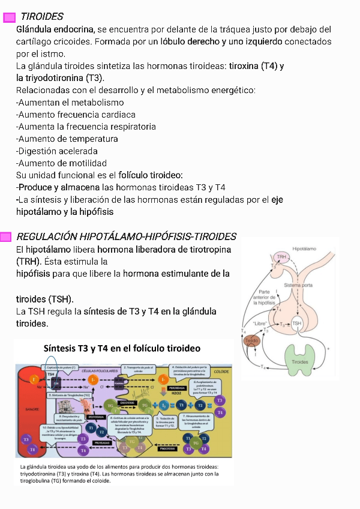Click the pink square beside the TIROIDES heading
point(9,17)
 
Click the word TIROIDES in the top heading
point(42,17)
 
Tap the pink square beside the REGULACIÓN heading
point(5,236)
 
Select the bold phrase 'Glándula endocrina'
point(55,29)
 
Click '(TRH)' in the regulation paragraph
point(28,262)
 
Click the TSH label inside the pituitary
point(297,323)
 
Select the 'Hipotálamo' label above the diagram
point(305,247)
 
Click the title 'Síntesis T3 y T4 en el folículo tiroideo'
point(122,349)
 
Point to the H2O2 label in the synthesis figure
point(176,394)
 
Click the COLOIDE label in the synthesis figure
point(221,372)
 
